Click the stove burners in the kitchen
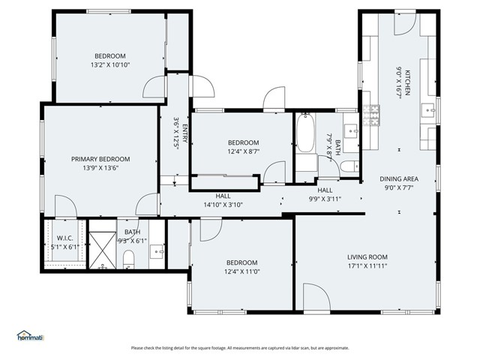[x=372, y=115]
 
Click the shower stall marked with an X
[x=101, y=244]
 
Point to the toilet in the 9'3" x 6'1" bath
[x=128, y=259]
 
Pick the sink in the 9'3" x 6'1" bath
[x=157, y=251]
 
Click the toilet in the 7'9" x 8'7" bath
[x=344, y=166]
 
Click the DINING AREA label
[x=399, y=178]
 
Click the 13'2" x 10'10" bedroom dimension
[x=110, y=65]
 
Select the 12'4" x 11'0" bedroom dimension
[x=241, y=271]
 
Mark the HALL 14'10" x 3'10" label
[x=223, y=200]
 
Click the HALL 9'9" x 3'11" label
[x=325, y=195]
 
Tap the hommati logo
[x=31, y=335]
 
